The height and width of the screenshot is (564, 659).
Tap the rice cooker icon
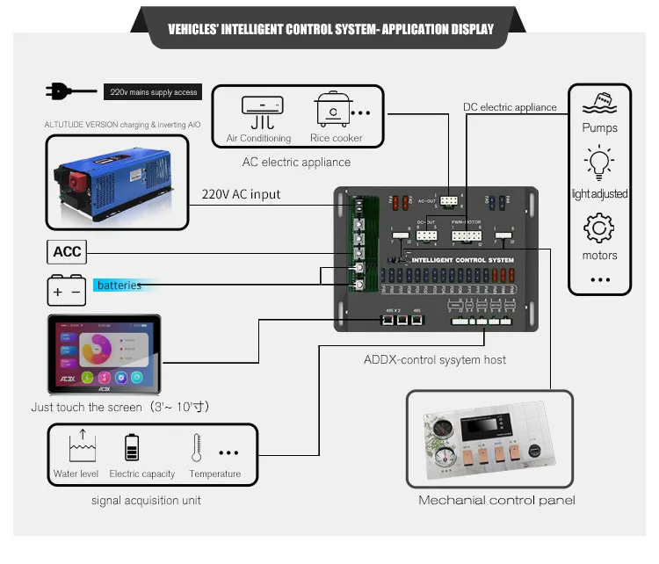pos(333,111)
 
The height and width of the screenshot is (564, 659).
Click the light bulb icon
pos(599,164)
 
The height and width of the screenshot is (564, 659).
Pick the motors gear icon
pos(599,228)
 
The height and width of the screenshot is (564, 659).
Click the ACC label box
pos(67,251)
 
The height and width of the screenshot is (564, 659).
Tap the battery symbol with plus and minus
pos(67,289)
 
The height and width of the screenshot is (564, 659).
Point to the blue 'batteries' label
pos(119,285)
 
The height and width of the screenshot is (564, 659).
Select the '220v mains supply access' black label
pos(153,91)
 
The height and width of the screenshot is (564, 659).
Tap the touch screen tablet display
pos(105,353)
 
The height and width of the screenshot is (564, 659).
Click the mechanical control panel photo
pos(489,440)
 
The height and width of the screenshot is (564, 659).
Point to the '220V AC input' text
pos(241,194)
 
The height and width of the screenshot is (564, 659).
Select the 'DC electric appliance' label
pos(510,107)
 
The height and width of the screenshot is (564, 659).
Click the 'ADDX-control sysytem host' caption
pos(435,359)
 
